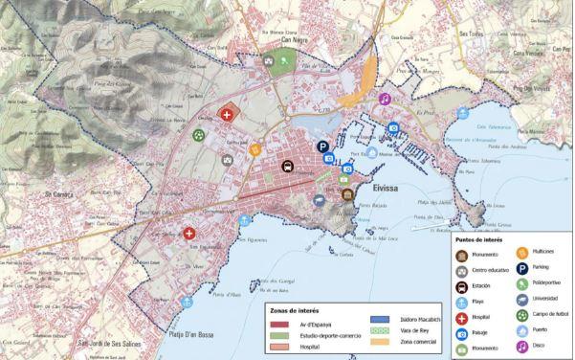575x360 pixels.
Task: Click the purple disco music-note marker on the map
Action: coord(384,99)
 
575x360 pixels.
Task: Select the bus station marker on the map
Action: coord(287,165)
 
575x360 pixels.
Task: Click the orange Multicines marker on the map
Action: coord(254,149)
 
